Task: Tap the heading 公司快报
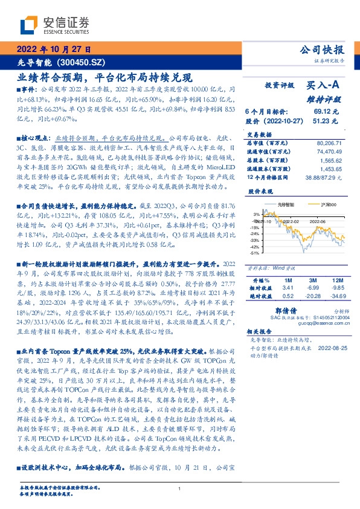coord(325,50)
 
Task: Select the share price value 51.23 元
coord(327,121)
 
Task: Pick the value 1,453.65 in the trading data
coord(331,169)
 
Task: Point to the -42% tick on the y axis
coord(256,247)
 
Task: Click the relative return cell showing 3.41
coord(287,288)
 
